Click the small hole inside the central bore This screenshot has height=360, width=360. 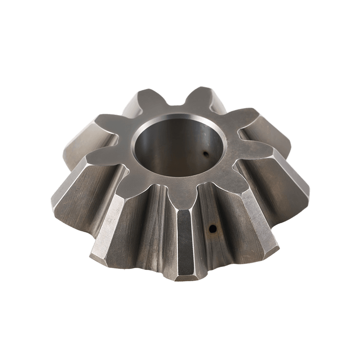(x=206, y=154)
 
